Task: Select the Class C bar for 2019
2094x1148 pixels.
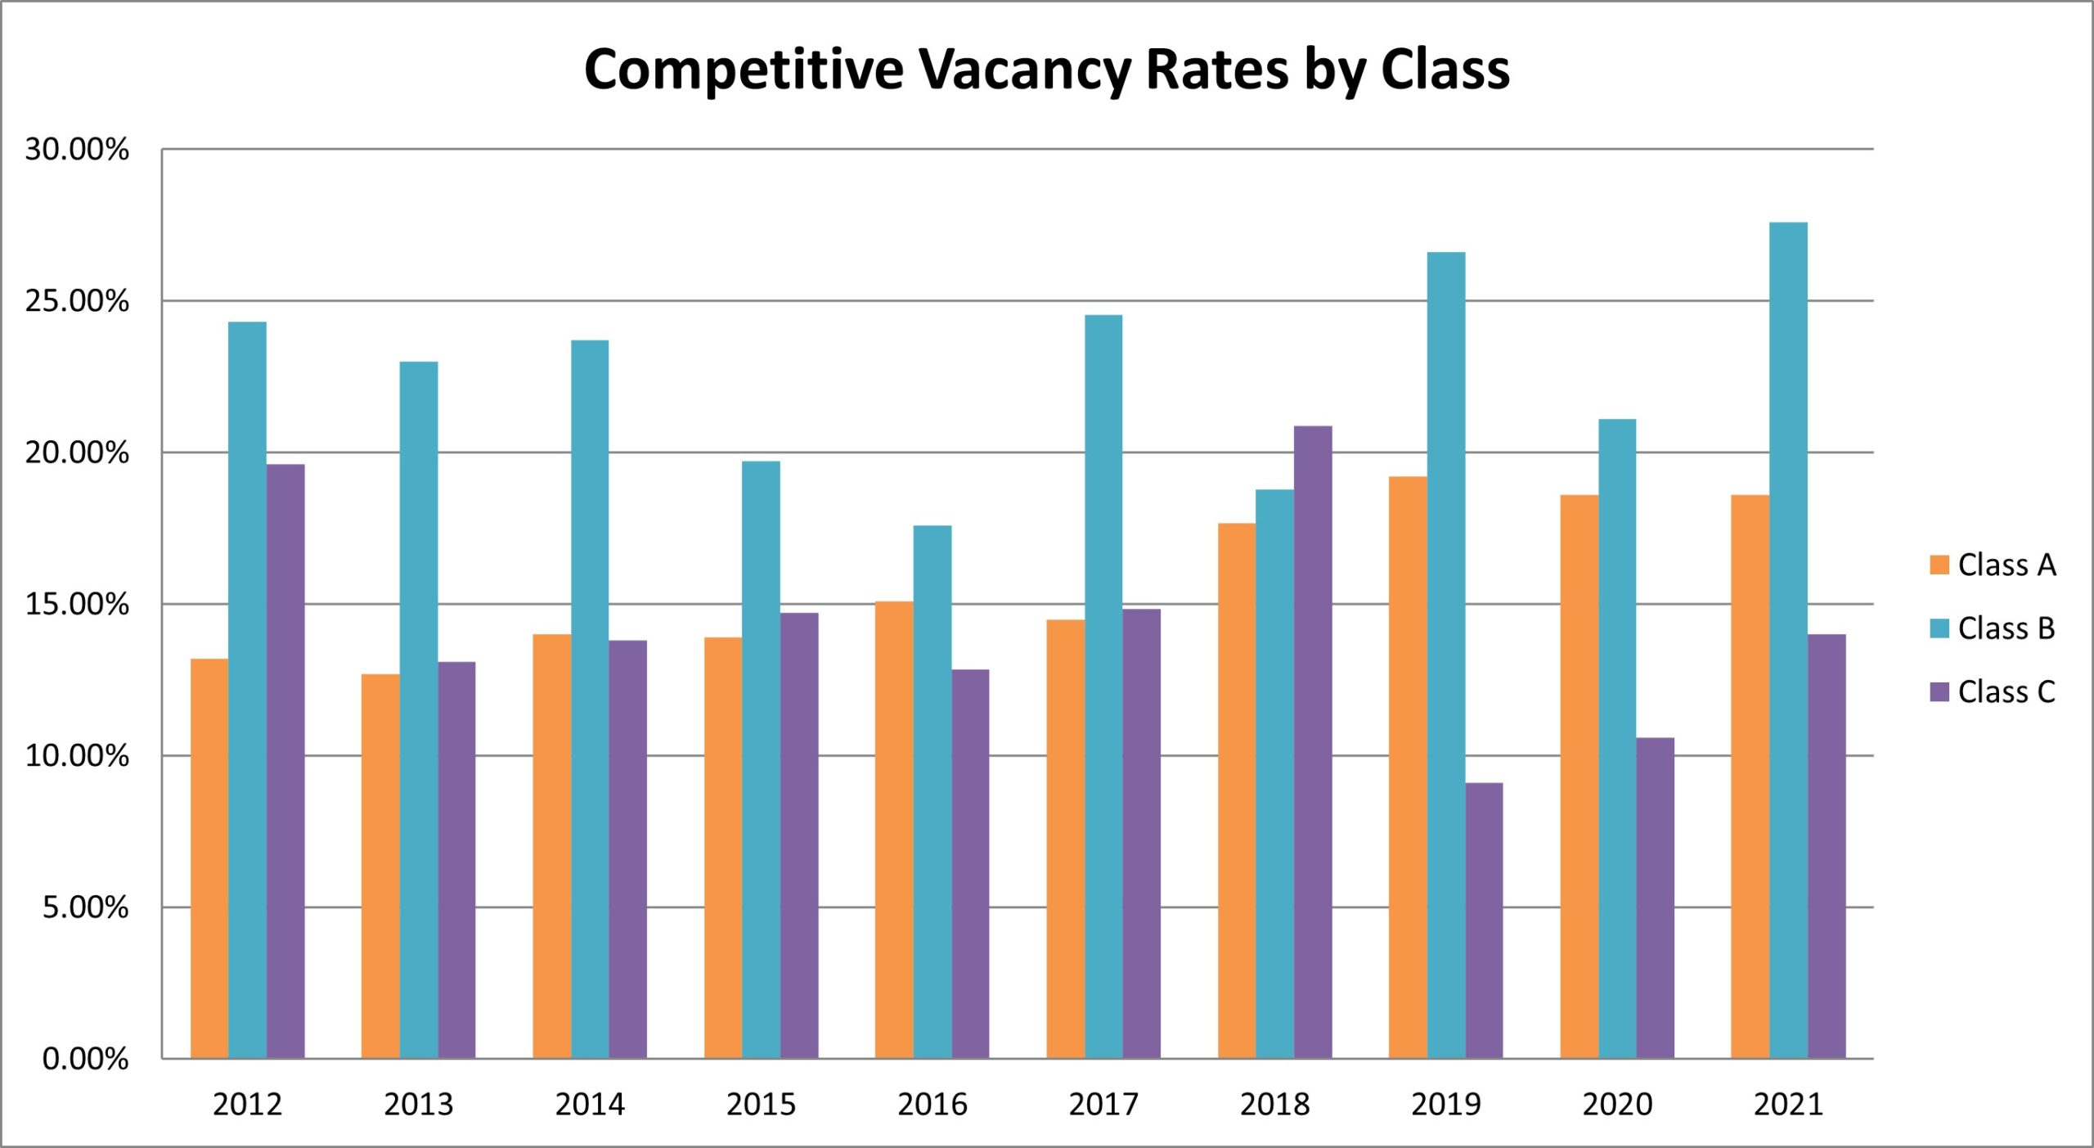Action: point(1484,921)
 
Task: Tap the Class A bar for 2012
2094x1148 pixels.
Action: point(209,858)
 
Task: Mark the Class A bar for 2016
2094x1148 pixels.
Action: point(894,830)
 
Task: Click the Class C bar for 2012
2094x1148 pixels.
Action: point(285,761)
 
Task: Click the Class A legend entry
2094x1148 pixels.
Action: point(1993,565)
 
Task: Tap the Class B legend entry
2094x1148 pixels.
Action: point(1993,628)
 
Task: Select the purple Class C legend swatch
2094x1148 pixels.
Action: point(1939,692)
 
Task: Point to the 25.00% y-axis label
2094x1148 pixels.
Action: point(77,301)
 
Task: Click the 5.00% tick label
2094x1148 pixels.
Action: point(85,907)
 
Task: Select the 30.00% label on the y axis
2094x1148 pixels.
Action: point(77,150)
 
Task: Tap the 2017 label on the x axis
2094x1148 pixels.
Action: point(1103,1105)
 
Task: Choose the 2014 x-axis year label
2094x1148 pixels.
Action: point(590,1105)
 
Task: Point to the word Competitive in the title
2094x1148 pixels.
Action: point(744,70)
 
